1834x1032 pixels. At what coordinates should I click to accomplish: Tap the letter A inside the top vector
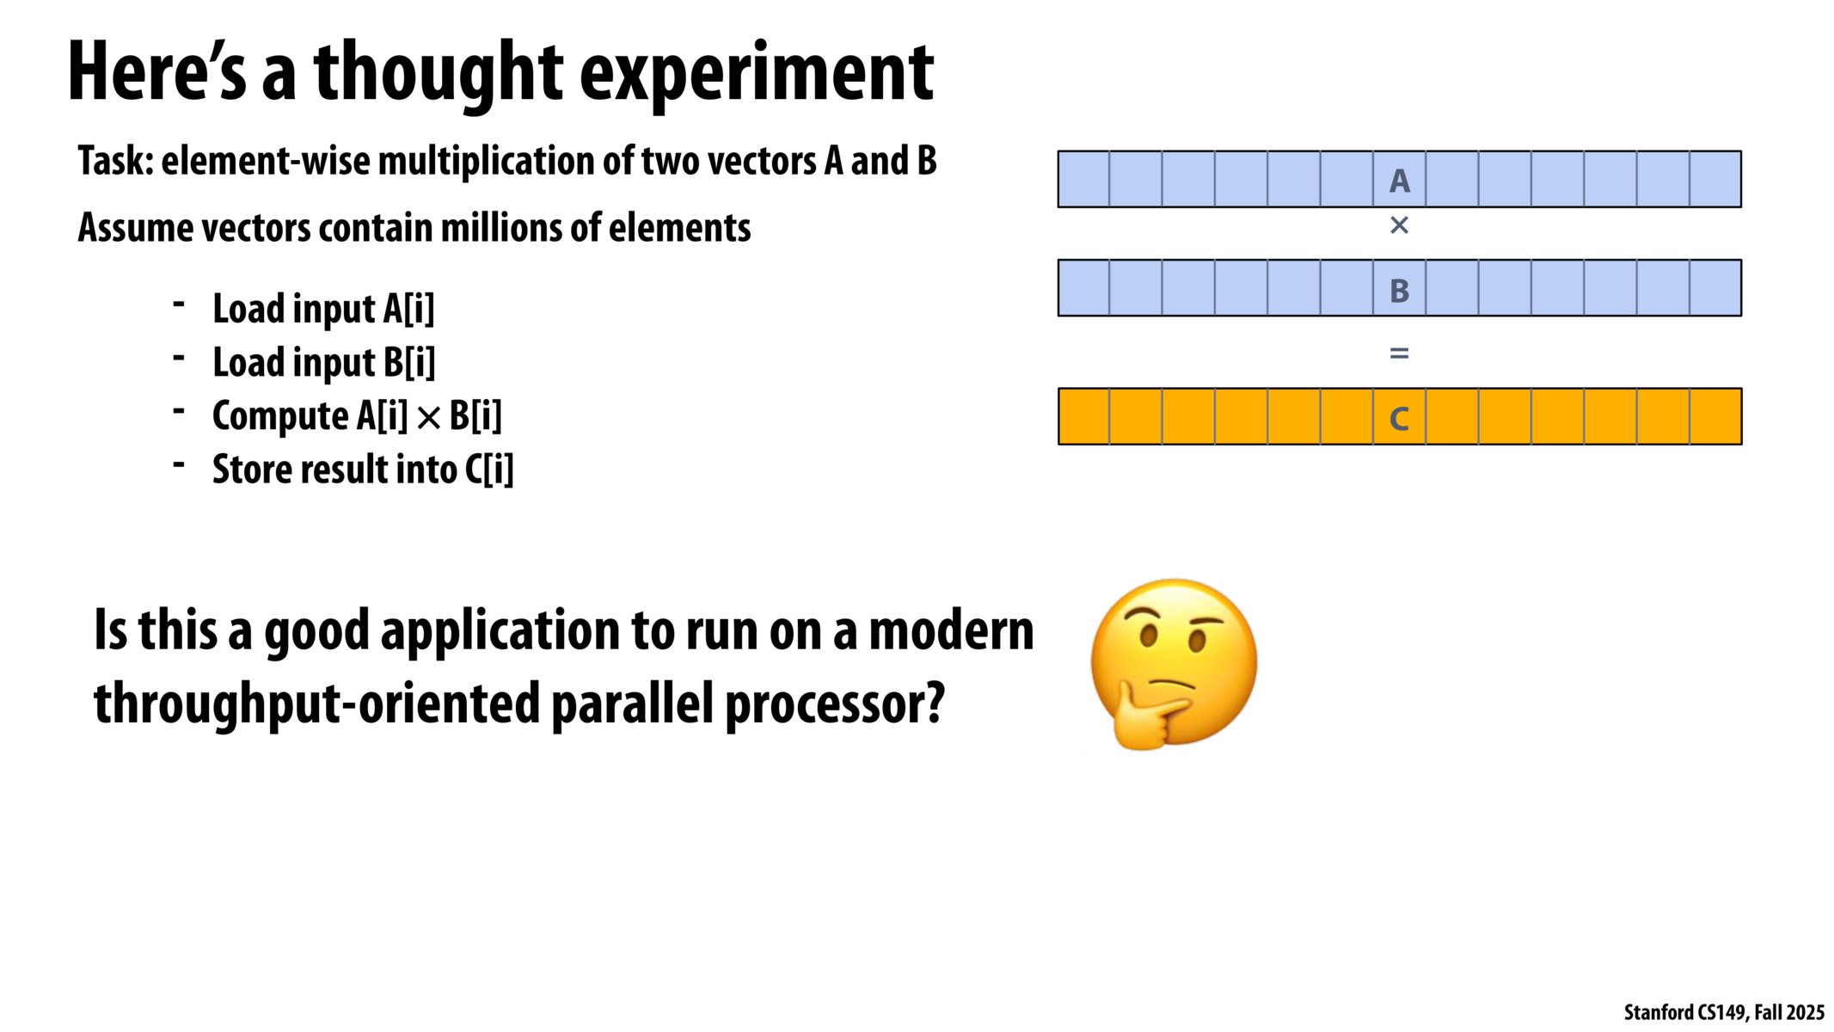[x=1399, y=181]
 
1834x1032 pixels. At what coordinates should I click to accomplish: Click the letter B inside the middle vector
[x=1399, y=291]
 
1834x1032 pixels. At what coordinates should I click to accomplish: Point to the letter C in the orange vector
[x=1399, y=419]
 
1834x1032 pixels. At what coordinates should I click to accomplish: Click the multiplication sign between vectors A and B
[x=1399, y=225]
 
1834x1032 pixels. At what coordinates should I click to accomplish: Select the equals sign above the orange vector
[x=1399, y=353]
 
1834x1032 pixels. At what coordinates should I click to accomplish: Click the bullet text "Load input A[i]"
[x=323, y=309]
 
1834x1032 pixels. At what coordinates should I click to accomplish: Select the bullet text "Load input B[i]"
[x=323, y=362]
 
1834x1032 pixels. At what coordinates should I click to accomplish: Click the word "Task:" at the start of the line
[x=115, y=161]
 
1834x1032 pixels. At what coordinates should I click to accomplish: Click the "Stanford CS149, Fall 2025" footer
[x=1724, y=1012]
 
